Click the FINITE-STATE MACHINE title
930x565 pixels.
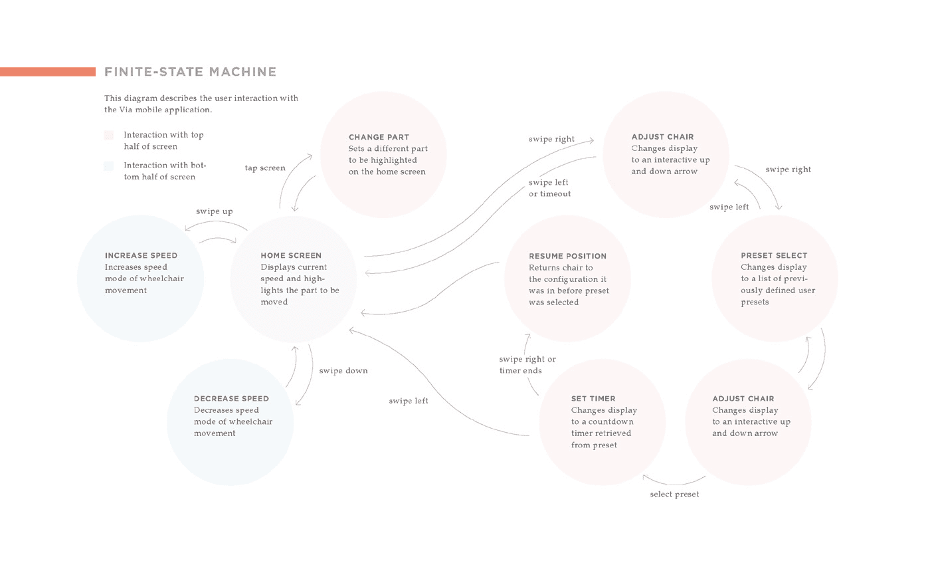coord(190,72)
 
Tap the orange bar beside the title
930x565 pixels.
coord(48,72)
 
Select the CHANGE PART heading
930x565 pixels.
coord(379,137)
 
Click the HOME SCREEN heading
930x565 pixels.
coord(291,255)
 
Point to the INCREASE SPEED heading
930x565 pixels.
coord(141,255)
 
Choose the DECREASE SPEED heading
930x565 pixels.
coord(231,398)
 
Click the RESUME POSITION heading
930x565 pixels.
coord(567,256)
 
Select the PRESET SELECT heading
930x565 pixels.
coord(774,255)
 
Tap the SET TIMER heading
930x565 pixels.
coord(593,398)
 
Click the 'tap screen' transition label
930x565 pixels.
coord(265,168)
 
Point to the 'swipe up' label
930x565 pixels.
coord(214,211)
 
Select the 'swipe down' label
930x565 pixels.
coord(343,371)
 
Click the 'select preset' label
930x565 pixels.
coord(674,494)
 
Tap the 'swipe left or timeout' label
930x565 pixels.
coord(550,187)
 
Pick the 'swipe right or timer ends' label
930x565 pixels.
coord(527,365)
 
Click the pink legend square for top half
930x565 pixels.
coord(109,136)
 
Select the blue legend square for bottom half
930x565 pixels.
coord(109,166)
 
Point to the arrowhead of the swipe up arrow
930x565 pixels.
coord(187,229)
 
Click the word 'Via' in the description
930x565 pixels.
coord(126,110)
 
